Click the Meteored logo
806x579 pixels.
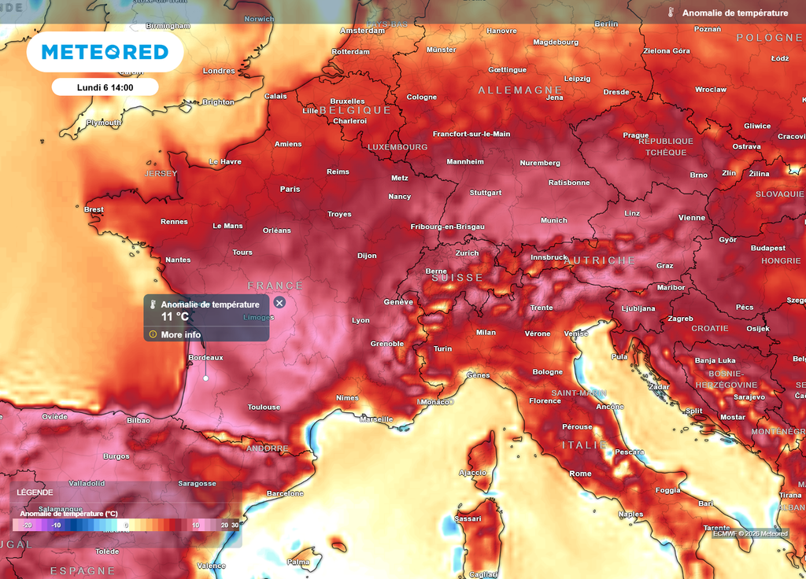(x=105, y=52)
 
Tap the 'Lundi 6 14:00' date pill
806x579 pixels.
(x=105, y=87)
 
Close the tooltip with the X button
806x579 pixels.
(x=279, y=303)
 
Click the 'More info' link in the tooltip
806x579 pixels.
(x=180, y=334)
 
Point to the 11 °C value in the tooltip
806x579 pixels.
(x=175, y=316)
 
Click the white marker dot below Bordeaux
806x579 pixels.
(x=206, y=378)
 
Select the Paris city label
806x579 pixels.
(x=290, y=189)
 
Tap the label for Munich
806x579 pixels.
(x=553, y=220)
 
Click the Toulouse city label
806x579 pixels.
(x=264, y=407)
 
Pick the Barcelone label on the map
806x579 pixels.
(x=285, y=493)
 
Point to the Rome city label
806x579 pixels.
(x=580, y=474)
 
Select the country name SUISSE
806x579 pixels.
(x=457, y=278)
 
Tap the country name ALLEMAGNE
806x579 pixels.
(x=520, y=90)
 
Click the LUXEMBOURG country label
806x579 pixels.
(x=397, y=147)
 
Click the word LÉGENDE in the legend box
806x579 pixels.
(x=35, y=492)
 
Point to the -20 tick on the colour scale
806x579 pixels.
(x=27, y=525)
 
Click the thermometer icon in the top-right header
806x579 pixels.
(x=671, y=13)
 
